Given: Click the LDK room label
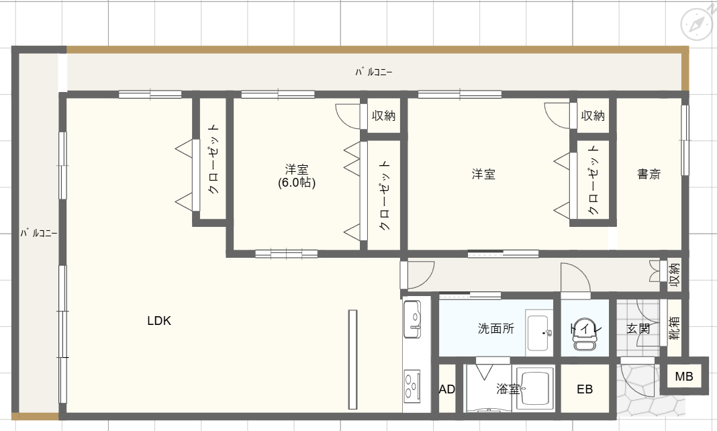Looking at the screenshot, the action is tap(159, 321).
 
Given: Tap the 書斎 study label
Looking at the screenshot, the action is tap(649, 174).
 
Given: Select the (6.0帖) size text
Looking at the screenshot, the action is tap(297, 183).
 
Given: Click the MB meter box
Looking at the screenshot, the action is tap(684, 376).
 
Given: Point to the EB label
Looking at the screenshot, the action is tap(585, 389).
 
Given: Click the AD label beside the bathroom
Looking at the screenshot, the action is tap(446, 389).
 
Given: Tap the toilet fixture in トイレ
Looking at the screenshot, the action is tap(585, 333).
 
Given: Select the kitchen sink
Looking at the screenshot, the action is tap(412, 319).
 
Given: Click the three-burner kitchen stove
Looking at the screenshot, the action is tap(412, 386).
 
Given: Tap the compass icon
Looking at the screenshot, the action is tap(696, 23).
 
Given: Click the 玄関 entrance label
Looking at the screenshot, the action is tap(638, 328).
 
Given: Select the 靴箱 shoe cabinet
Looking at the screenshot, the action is tap(675, 328).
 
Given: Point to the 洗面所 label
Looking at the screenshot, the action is tap(496, 328).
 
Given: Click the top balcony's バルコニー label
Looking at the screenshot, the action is tap(374, 72).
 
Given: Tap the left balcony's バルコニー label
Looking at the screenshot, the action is tap(38, 233).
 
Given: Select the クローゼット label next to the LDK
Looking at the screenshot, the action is tap(213, 159).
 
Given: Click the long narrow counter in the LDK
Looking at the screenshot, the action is tap(352, 359).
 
